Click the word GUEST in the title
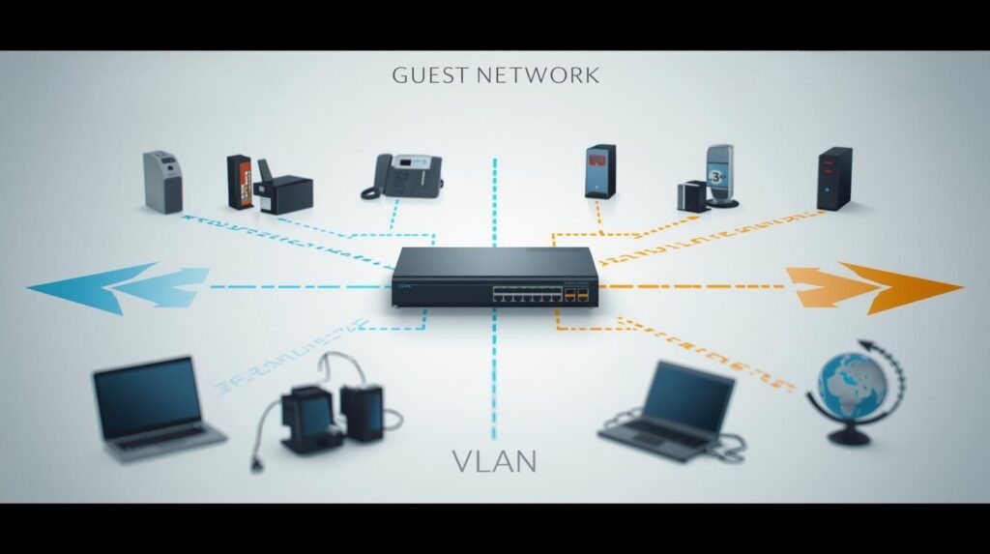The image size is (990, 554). click(x=427, y=75)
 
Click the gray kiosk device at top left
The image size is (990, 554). click(x=162, y=181)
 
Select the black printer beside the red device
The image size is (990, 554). click(x=282, y=192)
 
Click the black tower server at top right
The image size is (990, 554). click(x=834, y=178)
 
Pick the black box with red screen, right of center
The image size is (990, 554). click(x=600, y=171)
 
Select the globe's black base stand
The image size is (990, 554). click(x=849, y=435)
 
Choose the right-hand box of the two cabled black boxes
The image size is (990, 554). click(x=364, y=412)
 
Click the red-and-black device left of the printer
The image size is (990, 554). click(x=240, y=181)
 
